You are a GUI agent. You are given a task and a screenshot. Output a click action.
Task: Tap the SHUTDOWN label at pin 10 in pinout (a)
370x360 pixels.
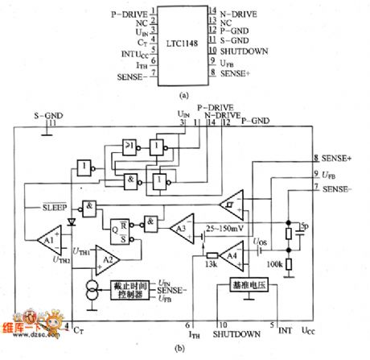point(245,51)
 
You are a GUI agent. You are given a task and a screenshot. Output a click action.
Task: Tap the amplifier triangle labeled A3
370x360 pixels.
point(181,229)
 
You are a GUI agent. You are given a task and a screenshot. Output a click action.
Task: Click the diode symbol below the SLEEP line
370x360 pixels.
point(71,218)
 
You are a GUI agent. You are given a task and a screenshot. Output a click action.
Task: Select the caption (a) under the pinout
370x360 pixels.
point(185,94)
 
